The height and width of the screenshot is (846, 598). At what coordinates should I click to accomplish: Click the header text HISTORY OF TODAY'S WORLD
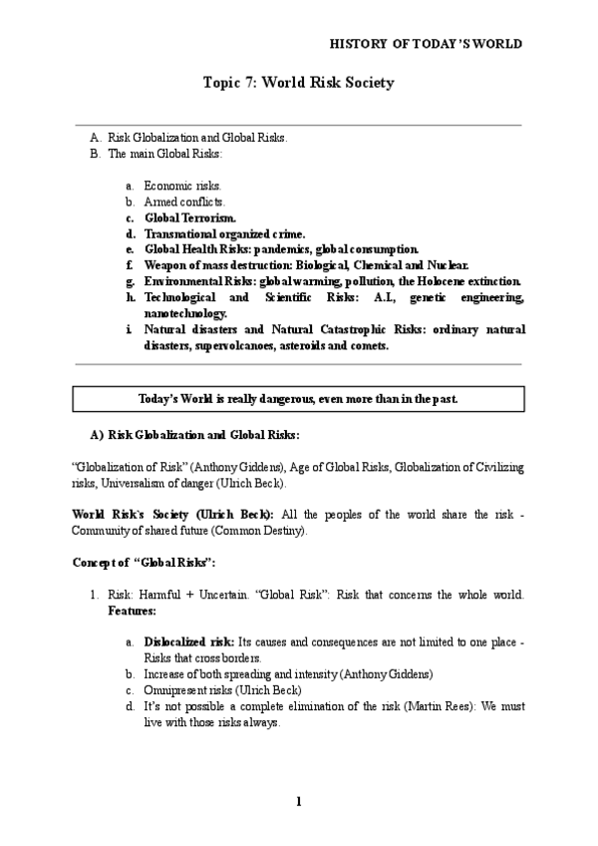[425, 44]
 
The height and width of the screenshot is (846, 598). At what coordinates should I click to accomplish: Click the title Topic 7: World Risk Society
[298, 83]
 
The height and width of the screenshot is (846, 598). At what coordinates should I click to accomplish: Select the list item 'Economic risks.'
[183, 186]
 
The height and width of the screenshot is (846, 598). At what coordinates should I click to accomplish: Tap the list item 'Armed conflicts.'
[184, 202]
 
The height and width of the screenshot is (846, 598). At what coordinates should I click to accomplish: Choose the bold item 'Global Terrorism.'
[190, 217]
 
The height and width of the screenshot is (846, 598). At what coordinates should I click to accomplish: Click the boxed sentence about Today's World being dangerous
[298, 399]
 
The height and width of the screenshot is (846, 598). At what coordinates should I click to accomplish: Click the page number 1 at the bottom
[298, 801]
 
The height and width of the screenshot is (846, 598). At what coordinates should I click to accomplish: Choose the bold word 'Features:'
[136, 610]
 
